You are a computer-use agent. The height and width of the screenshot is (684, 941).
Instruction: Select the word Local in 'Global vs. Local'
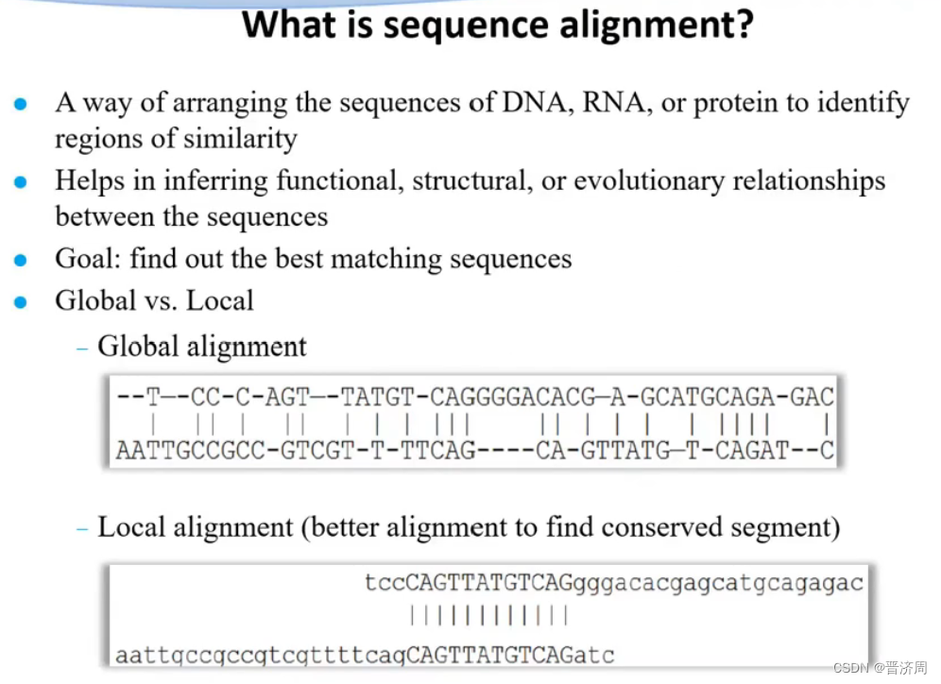(220, 300)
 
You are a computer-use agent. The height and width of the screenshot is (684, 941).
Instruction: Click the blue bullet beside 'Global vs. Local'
(21, 302)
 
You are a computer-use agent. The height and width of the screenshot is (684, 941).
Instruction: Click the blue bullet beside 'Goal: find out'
(21, 261)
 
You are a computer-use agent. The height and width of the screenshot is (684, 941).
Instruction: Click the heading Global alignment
(202, 347)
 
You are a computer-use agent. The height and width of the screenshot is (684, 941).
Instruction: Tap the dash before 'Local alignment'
(82, 528)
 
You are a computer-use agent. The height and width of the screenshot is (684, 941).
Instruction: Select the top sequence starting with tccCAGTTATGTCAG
(613, 583)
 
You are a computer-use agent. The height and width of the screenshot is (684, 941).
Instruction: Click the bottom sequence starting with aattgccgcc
(365, 654)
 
